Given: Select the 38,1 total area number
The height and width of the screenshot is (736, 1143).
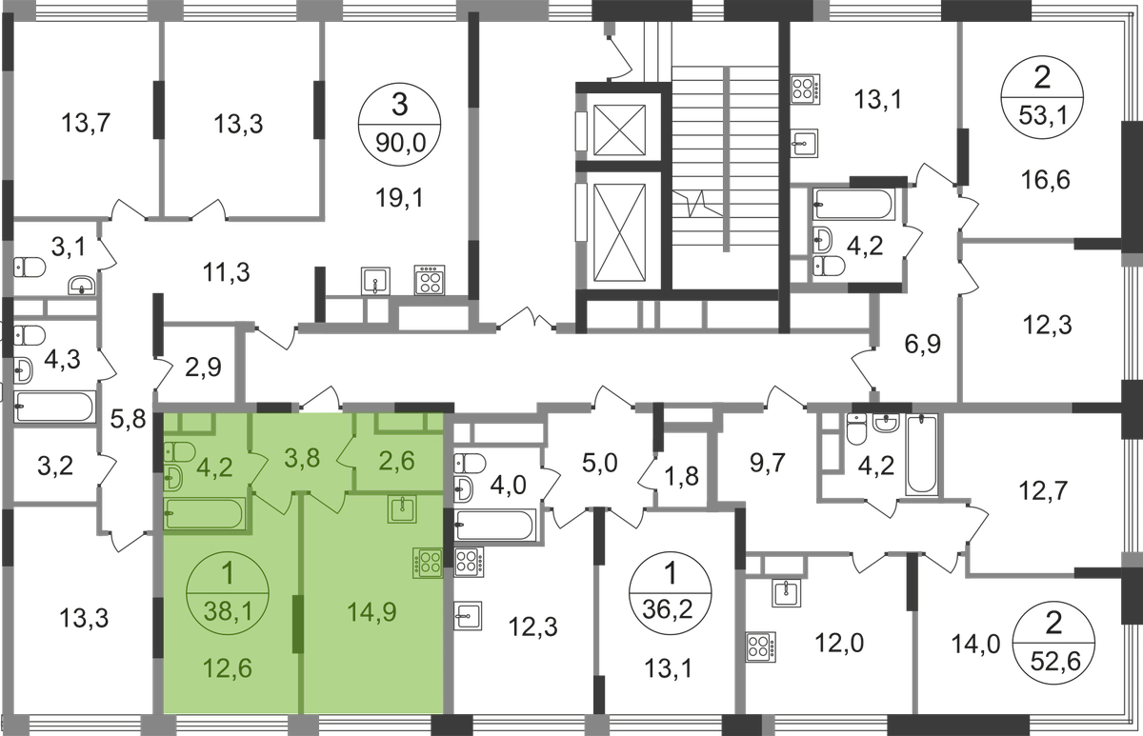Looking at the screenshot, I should pyautogui.click(x=227, y=614).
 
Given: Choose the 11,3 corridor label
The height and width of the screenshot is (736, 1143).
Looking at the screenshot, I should pyautogui.click(x=227, y=274).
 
